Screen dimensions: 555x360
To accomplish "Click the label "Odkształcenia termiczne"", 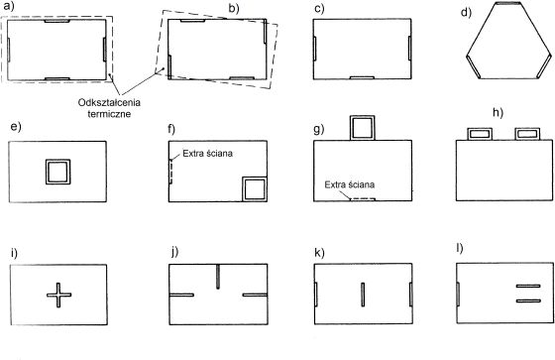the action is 109,108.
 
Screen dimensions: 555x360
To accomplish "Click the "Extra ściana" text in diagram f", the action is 208,154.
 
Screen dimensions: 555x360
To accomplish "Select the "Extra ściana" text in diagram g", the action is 349,184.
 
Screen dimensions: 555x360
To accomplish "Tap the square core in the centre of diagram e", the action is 58,172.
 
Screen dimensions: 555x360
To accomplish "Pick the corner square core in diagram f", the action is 255,189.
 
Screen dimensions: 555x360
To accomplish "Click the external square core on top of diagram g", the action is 362,128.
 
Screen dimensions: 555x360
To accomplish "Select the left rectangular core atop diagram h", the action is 480,134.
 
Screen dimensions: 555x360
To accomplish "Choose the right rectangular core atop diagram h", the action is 527,134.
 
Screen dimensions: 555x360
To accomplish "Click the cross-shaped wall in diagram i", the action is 58,295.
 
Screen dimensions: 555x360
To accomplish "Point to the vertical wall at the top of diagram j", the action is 218,277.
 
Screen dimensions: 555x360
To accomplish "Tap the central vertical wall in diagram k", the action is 363,295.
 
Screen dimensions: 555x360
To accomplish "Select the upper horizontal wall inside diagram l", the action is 528,286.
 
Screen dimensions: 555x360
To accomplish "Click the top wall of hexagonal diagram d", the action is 507,3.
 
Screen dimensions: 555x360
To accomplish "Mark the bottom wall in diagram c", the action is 362,77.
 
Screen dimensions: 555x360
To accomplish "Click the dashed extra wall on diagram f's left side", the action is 170,172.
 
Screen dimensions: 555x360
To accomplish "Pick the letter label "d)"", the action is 466,13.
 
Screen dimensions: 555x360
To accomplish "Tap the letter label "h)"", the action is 498,112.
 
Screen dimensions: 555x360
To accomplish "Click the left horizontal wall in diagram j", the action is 181,295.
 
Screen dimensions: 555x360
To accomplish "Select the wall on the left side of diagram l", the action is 458,294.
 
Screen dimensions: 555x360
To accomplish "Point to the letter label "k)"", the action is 319,253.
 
